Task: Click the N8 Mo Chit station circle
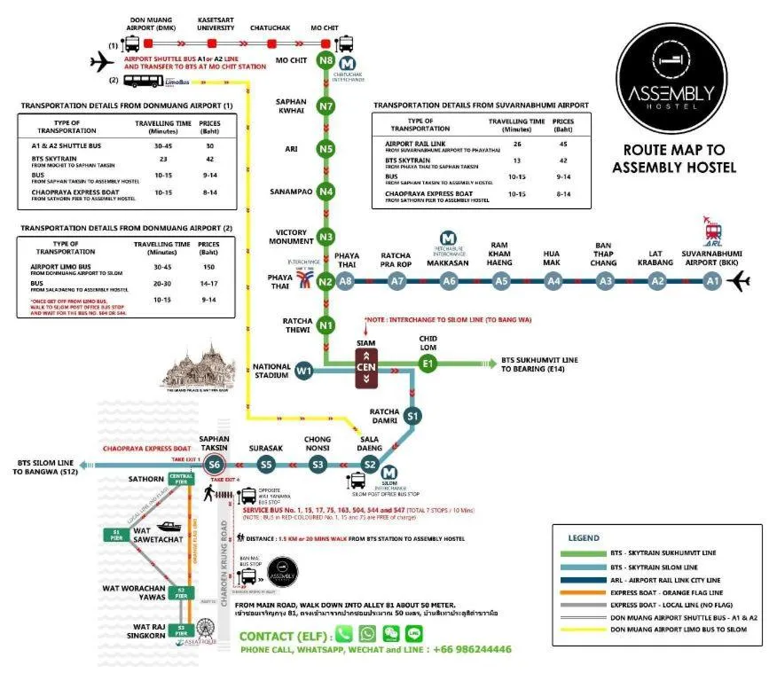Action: pyautogui.click(x=326, y=62)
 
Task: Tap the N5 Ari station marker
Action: pyautogui.click(x=326, y=149)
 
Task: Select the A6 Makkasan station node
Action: pyautogui.click(x=449, y=281)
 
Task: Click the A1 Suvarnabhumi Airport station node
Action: pyautogui.click(x=711, y=281)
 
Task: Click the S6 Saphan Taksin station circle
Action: pyautogui.click(x=214, y=464)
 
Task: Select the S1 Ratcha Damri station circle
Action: pyautogui.click(x=412, y=415)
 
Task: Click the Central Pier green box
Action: pyautogui.click(x=181, y=480)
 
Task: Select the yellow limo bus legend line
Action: pyautogui.click(x=586, y=630)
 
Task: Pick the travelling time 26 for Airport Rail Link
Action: pyautogui.click(x=517, y=143)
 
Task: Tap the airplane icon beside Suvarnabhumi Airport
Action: pyautogui.click(x=738, y=282)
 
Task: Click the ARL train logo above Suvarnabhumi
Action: pyautogui.click(x=711, y=229)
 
